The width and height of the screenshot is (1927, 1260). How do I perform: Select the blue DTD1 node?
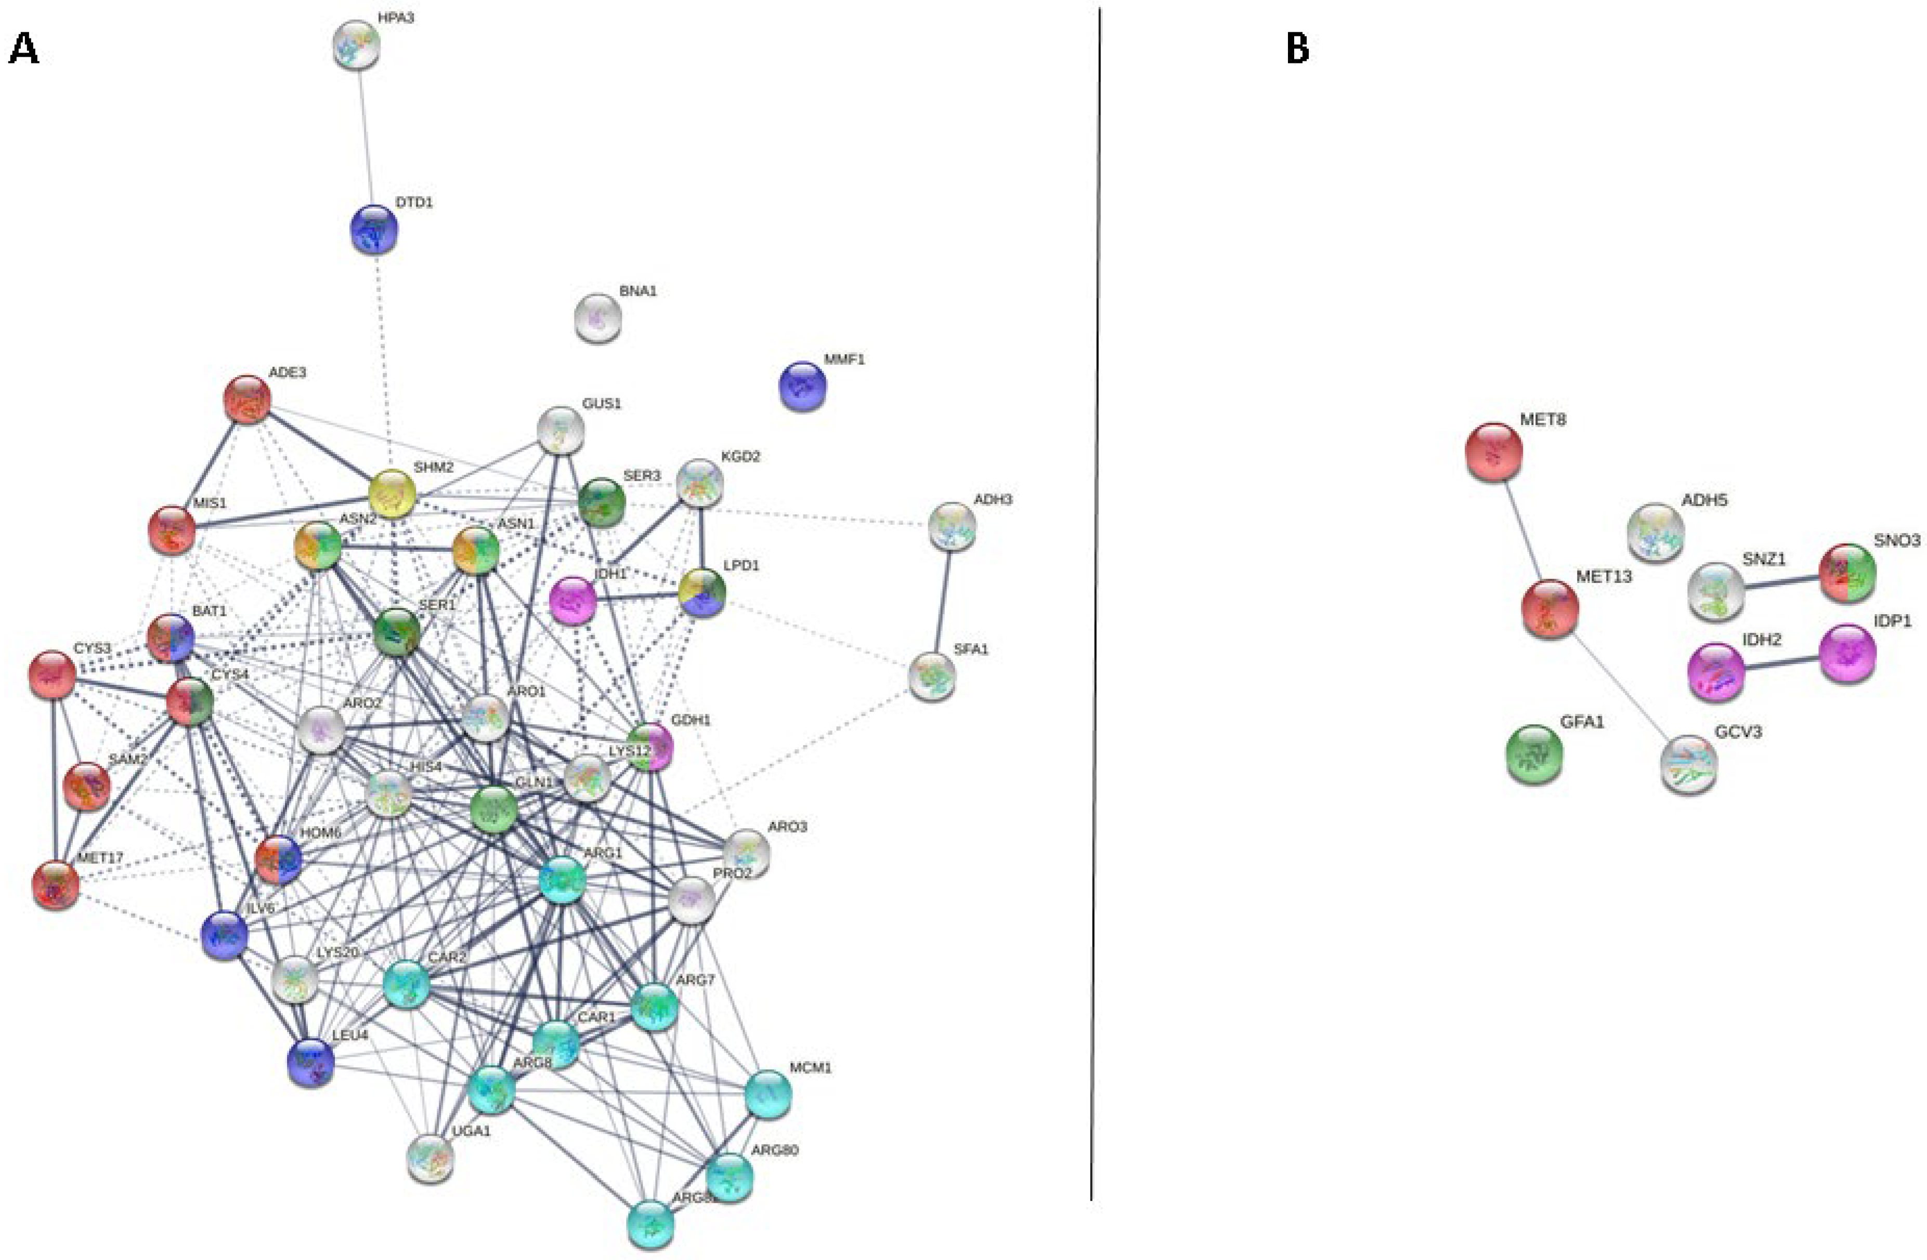coord(374,230)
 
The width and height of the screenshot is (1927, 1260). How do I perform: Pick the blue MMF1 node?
coord(802,386)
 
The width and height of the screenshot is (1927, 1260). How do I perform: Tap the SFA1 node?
coord(932,677)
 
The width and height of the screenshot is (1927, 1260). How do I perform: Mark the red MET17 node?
coord(56,885)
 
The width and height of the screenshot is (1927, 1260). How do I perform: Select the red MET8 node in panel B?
coord(1494,452)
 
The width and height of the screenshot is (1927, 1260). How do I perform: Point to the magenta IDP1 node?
coord(1847,654)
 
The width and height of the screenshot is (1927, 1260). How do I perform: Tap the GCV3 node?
coord(1689,764)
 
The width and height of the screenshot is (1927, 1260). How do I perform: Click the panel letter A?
coord(23,50)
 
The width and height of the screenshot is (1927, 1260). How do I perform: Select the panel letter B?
coord(1297,50)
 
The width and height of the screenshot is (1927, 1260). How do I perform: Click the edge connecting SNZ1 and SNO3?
coord(1781,582)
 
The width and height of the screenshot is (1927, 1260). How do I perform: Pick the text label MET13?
coord(1603,577)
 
